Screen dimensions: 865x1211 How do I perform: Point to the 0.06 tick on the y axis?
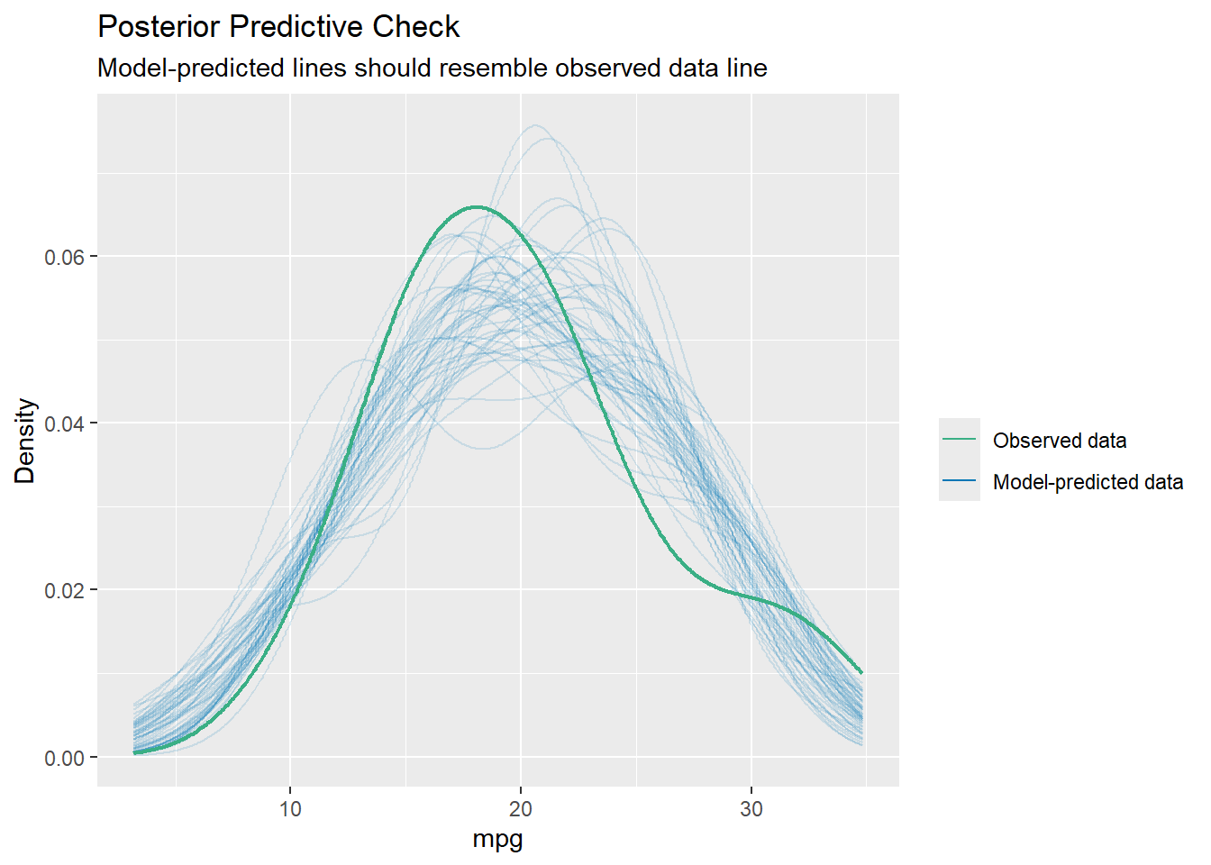[64, 258]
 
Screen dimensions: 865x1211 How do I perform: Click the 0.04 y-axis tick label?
[64, 424]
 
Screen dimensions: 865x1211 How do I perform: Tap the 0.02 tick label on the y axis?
[64, 591]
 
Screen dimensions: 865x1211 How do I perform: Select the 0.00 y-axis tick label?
[64, 758]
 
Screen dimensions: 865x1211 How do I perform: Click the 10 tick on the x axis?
[290, 808]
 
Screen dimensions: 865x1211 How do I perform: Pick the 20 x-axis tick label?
[521, 808]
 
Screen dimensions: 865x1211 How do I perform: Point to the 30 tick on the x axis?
[751, 808]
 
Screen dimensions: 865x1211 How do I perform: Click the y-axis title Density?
[25, 442]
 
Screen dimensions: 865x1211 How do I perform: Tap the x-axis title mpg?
[497, 840]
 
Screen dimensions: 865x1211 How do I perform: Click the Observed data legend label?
[1060, 441]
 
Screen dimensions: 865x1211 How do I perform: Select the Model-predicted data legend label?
[1088, 482]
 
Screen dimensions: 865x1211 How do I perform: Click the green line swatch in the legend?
[959, 439]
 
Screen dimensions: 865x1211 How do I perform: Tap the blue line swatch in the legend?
[959, 480]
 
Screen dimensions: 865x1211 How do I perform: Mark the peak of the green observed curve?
[476, 207]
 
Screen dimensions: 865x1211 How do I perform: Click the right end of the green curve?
[861, 672]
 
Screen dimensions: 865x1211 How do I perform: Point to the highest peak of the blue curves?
[536, 125]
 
